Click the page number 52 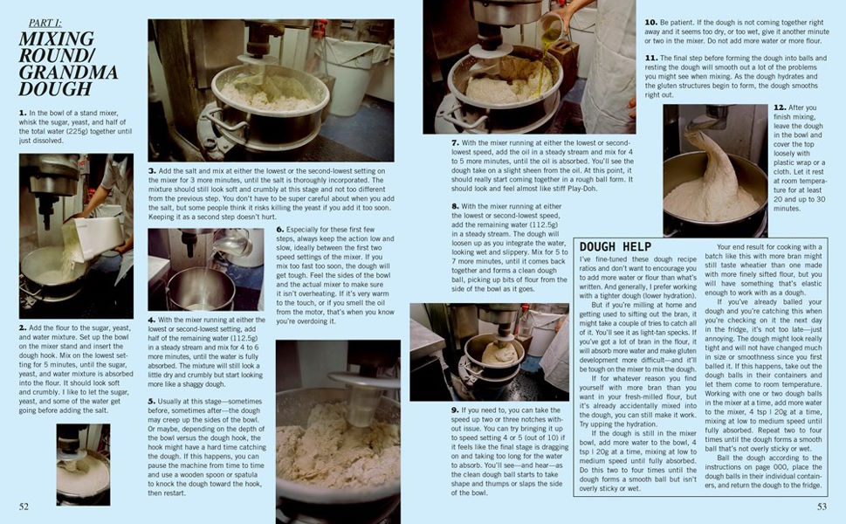point(24,506)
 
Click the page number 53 point(822,506)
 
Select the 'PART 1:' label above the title point(45,23)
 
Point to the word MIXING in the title point(56,39)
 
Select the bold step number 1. point(22,113)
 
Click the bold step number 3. point(152,170)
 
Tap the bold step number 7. point(455,142)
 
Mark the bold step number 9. point(455,410)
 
